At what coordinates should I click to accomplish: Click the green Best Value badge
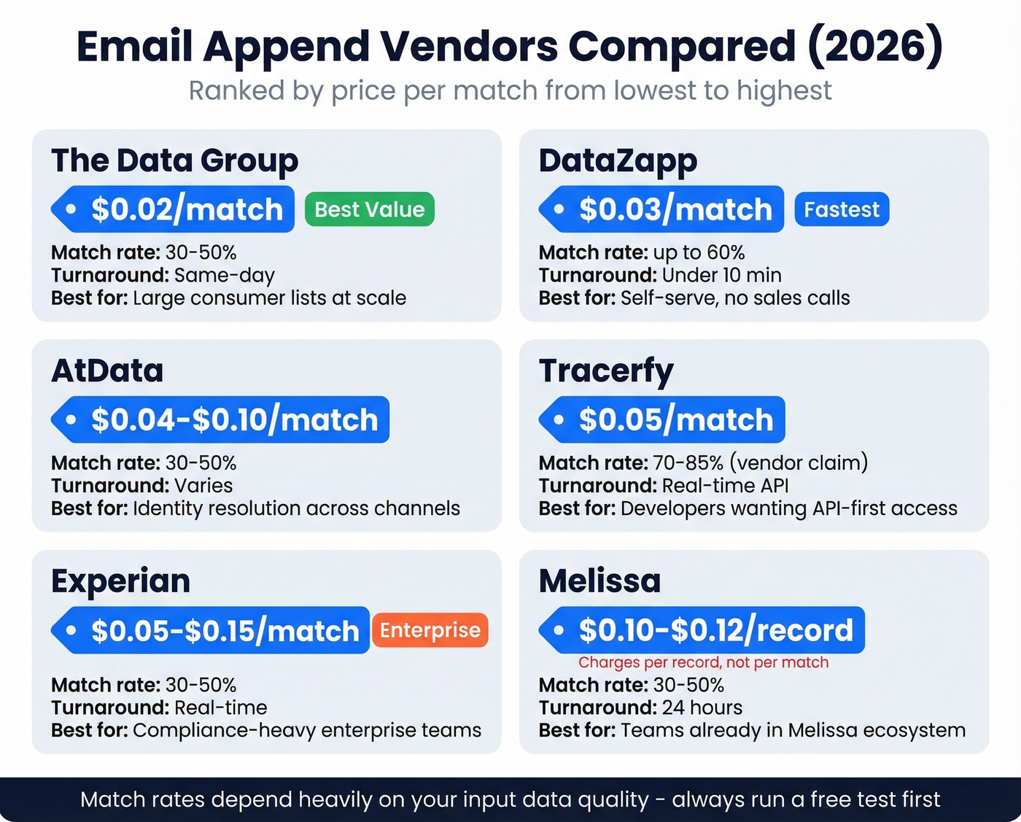[369, 209]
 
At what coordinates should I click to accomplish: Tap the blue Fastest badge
[842, 209]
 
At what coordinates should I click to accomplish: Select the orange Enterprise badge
[430, 630]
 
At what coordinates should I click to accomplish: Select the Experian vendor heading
[120, 581]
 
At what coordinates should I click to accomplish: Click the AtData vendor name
[107, 371]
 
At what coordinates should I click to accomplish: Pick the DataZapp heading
[618, 160]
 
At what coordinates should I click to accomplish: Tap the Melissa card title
[599, 581]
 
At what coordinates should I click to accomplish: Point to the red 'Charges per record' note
[703, 662]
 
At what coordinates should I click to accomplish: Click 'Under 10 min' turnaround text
[721, 275]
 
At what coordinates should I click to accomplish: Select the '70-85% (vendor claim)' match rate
[760, 462]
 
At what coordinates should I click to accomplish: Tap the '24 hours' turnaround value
[702, 707]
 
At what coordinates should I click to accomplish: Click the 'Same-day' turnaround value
[225, 275]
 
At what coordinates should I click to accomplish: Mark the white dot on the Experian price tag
[71, 629]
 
